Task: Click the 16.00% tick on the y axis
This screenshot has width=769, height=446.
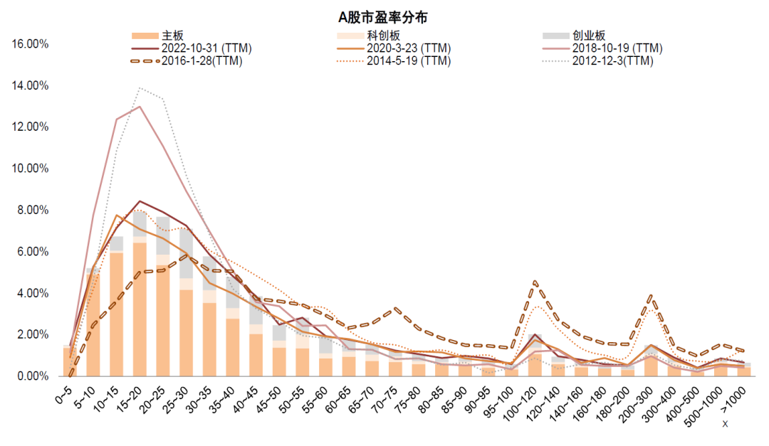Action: [31, 44]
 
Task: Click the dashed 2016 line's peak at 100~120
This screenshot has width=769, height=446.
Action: [535, 282]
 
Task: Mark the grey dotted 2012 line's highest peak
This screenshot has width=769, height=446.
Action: [140, 88]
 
